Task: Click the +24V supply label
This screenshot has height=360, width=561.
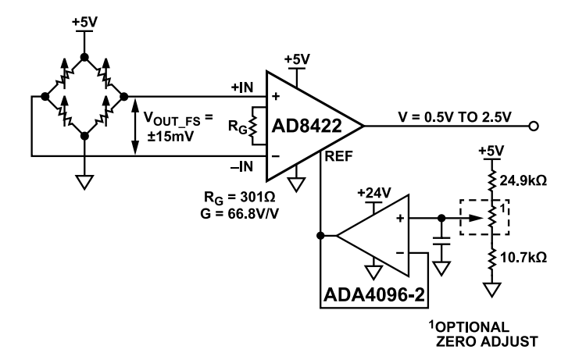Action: pyautogui.click(x=372, y=191)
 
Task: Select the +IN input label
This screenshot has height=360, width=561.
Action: pyautogui.click(x=242, y=88)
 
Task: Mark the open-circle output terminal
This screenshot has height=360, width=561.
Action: pyautogui.click(x=534, y=126)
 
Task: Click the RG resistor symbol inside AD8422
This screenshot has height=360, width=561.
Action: pyautogui.click(x=253, y=126)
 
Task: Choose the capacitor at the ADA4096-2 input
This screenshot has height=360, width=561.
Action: pyautogui.click(x=442, y=244)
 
